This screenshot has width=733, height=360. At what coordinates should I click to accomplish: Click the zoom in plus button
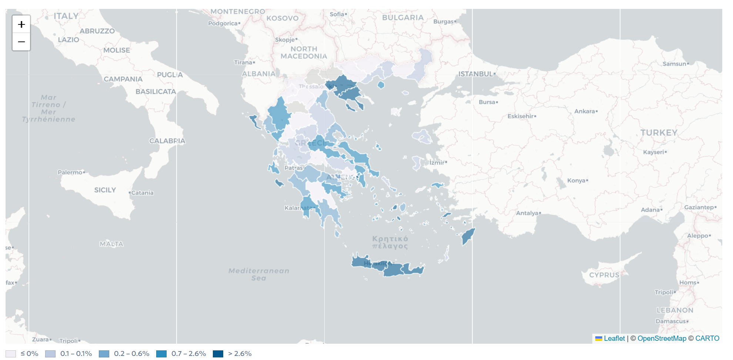(x=21, y=24)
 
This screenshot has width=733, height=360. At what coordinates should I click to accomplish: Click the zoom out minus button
(x=21, y=42)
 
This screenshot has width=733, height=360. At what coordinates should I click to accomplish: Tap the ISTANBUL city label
(x=475, y=74)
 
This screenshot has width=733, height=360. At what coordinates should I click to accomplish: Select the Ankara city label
(x=585, y=111)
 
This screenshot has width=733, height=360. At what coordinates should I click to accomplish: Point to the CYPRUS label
(x=604, y=275)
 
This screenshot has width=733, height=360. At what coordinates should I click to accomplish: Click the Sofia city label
(x=337, y=14)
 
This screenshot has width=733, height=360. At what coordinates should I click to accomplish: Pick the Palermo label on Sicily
(x=70, y=172)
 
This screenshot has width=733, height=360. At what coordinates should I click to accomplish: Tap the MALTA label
(x=111, y=244)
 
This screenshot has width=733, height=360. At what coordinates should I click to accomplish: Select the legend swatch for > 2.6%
(x=218, y=354)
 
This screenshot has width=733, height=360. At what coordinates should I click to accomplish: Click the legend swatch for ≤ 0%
(x=11, y=354)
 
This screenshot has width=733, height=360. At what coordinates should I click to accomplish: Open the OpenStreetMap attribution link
(x=662, y=338)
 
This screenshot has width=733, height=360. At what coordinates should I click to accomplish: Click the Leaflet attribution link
(x=614, y=338)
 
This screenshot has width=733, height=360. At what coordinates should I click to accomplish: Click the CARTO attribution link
(x=707, y=338)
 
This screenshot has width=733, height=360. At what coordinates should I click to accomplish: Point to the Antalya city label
(x=527, y=213)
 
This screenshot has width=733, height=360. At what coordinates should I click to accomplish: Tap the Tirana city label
(x=243, y=63)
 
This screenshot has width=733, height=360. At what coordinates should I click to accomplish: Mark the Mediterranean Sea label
(x=259, y=274)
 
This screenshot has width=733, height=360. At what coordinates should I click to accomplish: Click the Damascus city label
(x=670, y=321)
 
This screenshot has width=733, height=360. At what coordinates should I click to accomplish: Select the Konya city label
(x=576, y=181)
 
